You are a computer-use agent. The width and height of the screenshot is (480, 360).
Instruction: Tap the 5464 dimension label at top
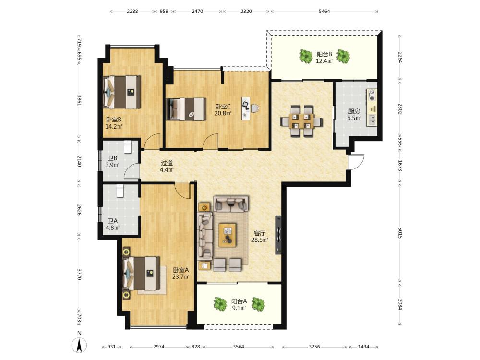click(324, 12)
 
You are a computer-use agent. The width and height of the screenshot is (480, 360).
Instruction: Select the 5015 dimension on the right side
click(400, 233)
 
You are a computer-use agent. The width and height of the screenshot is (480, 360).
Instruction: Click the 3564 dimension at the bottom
click(239, 347)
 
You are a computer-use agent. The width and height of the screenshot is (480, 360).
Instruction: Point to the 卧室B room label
click(114, 120)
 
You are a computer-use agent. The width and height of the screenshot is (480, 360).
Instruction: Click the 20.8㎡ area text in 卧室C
click(223, 113)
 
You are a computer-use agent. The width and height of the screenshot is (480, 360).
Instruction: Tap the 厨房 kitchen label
click(354, 111)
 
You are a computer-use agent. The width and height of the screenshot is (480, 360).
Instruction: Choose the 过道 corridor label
click(167, 163)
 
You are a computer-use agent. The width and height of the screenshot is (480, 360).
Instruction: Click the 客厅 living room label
click(260, 233)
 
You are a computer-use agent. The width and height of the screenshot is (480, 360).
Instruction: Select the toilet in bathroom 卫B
click(127, 146)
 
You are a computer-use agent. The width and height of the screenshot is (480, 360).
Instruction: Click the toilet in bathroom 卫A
click(120, 191)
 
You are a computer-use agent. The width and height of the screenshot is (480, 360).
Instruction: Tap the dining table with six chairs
click(301, 121)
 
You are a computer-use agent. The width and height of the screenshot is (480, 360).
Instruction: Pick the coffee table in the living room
click(228, 235)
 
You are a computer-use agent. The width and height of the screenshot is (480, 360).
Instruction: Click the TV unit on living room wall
click(278, 235)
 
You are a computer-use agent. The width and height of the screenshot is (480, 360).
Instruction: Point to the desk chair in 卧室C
click(255, 108)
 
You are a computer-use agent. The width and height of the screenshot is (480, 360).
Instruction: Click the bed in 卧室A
click(141, 274)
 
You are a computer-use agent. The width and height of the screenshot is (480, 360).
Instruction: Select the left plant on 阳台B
click(305, 56)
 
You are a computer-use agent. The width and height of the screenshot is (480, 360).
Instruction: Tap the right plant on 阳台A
click(258, 304)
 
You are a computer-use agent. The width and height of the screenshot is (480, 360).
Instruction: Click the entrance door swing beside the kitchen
click(356, 161)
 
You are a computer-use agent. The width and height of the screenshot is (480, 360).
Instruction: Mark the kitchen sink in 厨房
click(372, 120)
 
